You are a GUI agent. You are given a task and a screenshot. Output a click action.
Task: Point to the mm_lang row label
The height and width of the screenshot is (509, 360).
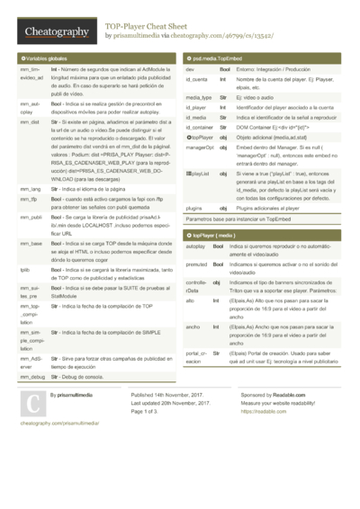click(x=30, y=190)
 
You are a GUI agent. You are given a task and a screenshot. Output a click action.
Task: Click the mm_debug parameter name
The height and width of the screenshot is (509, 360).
click(x=31, y=376)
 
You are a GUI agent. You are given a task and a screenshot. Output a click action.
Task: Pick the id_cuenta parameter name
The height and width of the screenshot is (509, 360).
click(x=197, y=80)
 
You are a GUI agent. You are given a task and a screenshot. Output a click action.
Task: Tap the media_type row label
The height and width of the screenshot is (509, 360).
click(x=199, y=96)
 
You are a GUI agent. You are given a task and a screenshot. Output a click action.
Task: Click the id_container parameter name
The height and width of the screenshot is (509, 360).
click(x=201, y=127)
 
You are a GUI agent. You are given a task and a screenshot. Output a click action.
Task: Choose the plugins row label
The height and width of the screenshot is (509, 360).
click(x=195, y=207)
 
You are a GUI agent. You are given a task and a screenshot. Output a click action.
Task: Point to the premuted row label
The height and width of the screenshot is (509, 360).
click(x=198, y=264)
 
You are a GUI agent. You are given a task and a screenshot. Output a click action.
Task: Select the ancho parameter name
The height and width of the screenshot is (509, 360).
click(x=193, y=326)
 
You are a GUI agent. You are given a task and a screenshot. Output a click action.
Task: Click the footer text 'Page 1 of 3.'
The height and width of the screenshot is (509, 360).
click(x=150, y=411)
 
